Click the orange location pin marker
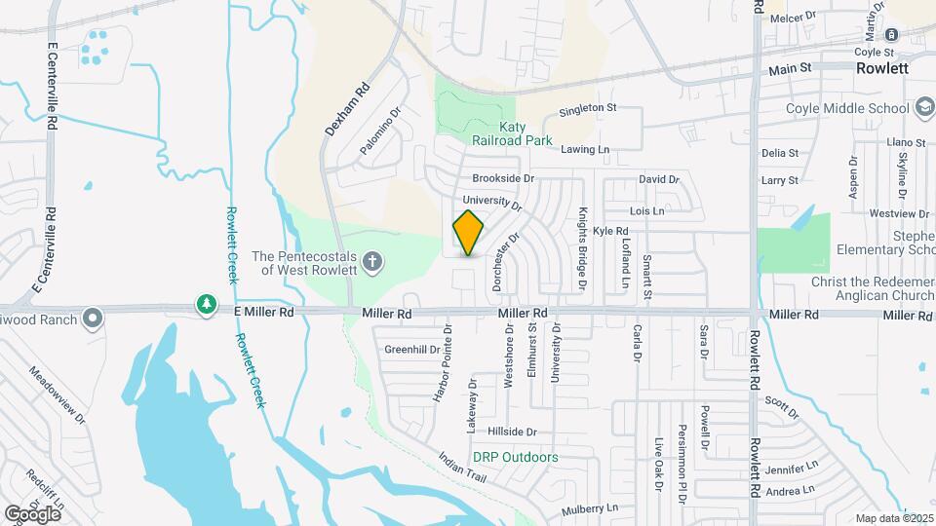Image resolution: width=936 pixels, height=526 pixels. (468, 233)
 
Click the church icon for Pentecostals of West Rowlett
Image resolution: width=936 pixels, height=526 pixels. (370, 261)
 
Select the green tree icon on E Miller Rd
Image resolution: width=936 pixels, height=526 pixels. (206, 305)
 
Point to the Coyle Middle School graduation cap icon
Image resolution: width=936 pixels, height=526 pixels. (924, 108)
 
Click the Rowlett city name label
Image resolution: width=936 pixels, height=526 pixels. (881, 69)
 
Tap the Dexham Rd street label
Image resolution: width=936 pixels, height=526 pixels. (348, 108)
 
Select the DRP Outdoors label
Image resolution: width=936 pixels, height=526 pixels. (515, 457)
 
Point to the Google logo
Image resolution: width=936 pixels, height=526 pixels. (32, 513)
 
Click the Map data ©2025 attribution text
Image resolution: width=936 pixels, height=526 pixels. (893, 518)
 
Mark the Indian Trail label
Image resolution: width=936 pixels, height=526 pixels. (461, 470)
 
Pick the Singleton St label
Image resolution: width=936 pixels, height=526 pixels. (588, 108)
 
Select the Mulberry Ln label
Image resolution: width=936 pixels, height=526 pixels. (590, 508)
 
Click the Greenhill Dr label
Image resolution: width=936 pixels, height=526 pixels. (412, 349)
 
